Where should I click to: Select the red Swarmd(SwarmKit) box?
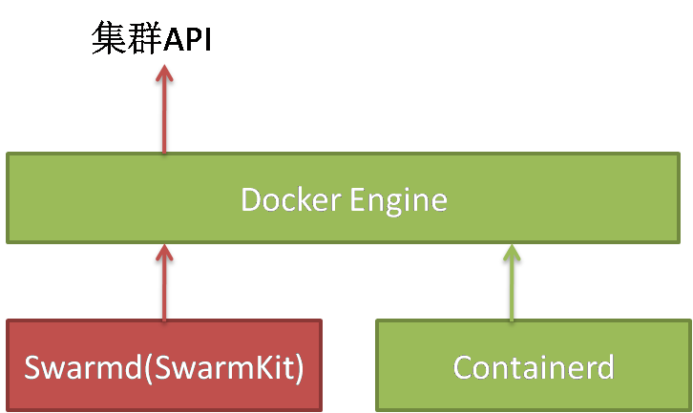click(x=164, y=366)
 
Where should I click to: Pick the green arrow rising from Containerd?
click(x=512, y=286)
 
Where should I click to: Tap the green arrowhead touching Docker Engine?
click(x=512, y=253)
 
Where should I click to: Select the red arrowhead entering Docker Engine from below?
click(x=164, y=253)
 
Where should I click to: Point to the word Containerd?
click(x=533, y=367)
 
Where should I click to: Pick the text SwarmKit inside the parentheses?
click(x=241, y=367)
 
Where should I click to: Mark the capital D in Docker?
click(x=250, y=200)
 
